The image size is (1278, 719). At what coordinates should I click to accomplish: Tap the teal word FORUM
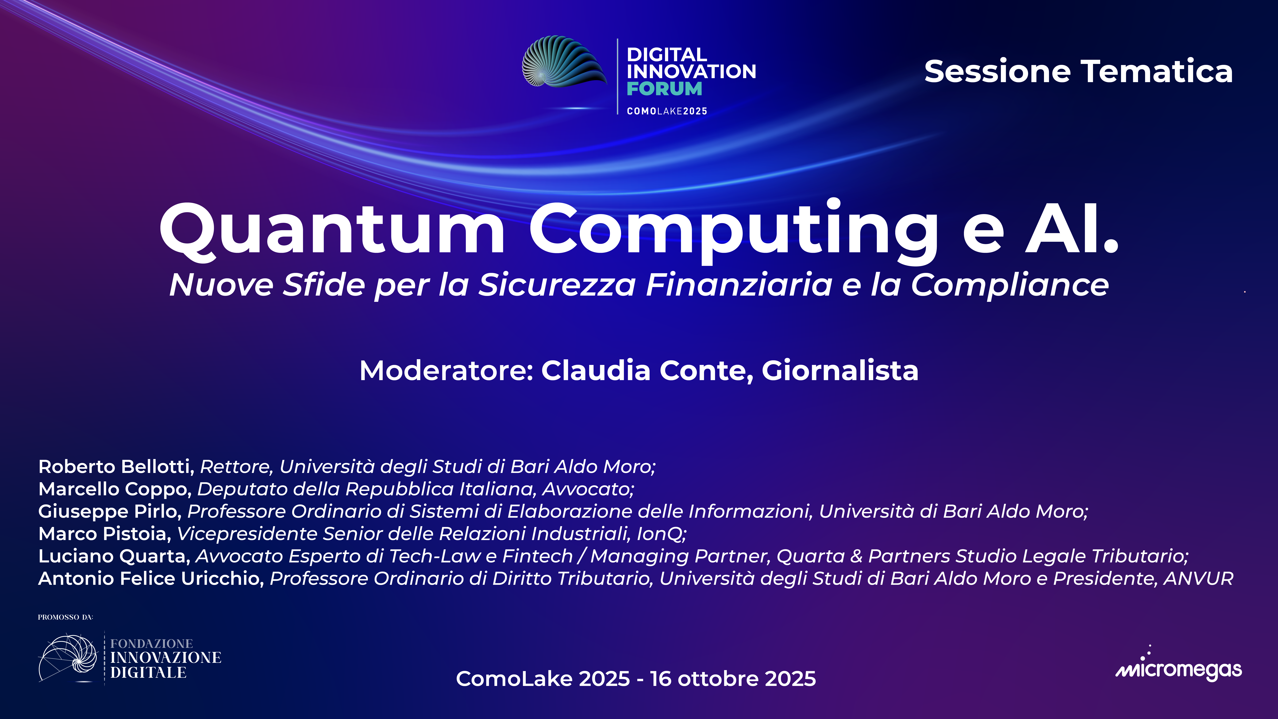pyautogui.click(x=664, y=89)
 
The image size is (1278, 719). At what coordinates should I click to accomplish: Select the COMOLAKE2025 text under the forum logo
pyautogui.click(x=667, y=111)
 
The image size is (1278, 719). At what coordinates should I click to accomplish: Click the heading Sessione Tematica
pyautogui.click(x=1078, y=71)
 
